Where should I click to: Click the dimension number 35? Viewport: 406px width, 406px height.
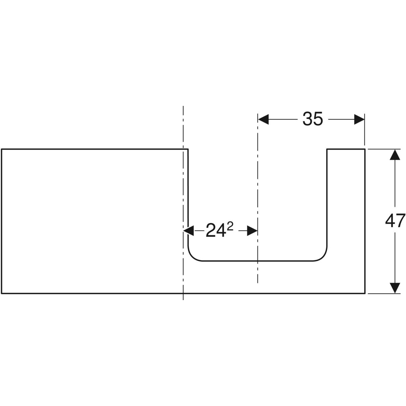coord(313,119)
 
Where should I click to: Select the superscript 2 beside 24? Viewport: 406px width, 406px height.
coord(230,227)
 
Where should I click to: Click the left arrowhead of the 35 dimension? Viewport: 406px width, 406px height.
coord(263,119)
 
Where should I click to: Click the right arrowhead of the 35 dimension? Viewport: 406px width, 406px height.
coord(359,119)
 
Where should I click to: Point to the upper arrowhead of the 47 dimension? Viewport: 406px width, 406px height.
coord(395,155)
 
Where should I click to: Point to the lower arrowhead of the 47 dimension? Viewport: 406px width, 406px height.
coord(395,288)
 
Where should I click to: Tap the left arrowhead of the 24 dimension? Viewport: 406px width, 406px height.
coord(188,231)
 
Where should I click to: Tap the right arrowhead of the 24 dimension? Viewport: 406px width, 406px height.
coord(252,231)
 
